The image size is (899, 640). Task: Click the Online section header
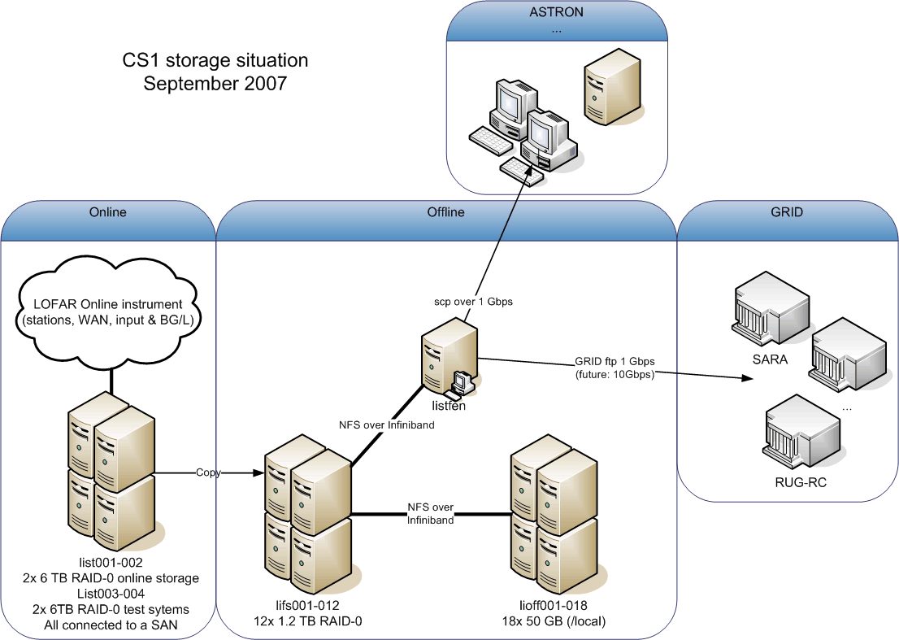[107, 212]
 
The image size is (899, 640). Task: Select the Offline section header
[445, 212]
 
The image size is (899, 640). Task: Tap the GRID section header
[786, 212]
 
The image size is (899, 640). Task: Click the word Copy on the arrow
[208, 472]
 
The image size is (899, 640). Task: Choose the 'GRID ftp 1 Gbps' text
[613, 362]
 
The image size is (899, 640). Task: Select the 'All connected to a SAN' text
[111, 625]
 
